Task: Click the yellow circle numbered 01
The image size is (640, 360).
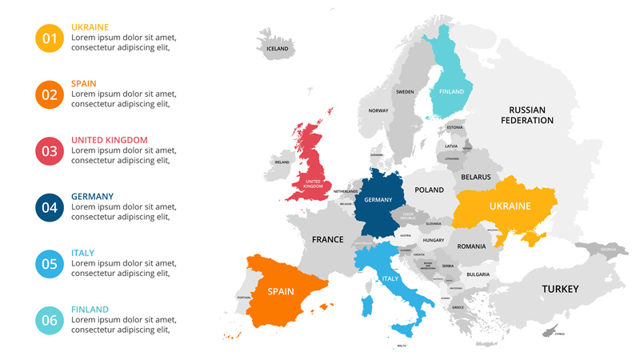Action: [50, 38]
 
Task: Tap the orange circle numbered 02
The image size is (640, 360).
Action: [50, 94]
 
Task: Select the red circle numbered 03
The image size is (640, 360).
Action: [50, 151]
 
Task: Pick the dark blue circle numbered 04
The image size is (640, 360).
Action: [50, 207]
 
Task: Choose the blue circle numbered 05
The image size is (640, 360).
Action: [50, 264]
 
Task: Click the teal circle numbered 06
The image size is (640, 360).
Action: [50, 320]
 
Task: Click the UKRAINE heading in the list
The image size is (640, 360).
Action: [90, 27]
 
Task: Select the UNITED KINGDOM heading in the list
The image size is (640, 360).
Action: [109, 140]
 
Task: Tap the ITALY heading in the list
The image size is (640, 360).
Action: [82, 253]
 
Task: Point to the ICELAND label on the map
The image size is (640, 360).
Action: [277, 49]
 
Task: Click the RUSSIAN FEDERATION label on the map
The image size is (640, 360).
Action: [527, 115]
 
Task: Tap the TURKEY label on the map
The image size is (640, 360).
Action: [560, 289]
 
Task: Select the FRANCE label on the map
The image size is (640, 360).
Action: [327, 239]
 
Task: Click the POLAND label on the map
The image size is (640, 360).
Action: [429, 190]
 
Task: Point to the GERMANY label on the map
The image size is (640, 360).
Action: [378, 200]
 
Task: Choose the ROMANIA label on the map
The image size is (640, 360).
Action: [472, 246]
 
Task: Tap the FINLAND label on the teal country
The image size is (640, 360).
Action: [451, 92]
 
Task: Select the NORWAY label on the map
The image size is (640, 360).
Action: [378, 111]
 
